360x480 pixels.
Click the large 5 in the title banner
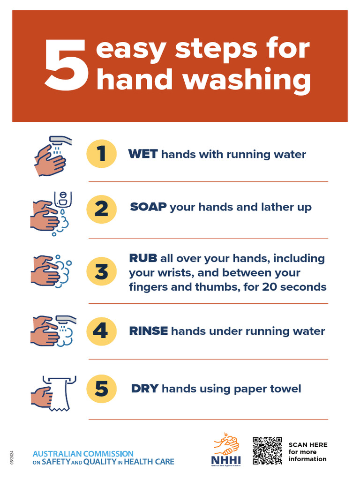click(x=66, y=65)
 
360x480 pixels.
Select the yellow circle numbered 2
click(x=101, y=209)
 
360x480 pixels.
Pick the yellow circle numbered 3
click(x=101, y=272)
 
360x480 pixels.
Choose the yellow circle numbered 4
click(x=101, y=331)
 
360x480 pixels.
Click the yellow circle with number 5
click(x=101, y=389)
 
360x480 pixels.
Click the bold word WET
click(x=143, y=154)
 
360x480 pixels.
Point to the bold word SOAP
click(x=148, y=207)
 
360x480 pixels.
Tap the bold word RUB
click(x=143, y=258)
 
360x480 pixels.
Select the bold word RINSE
click(x=148, y=331)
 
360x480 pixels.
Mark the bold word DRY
click(x=145, y=389)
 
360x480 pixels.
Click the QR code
click(x=267, y=450)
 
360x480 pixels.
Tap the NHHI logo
click(x=226, y=450)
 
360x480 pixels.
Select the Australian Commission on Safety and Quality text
click(x=103, y=458)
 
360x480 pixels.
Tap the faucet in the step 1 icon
click(x=61, y=140)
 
